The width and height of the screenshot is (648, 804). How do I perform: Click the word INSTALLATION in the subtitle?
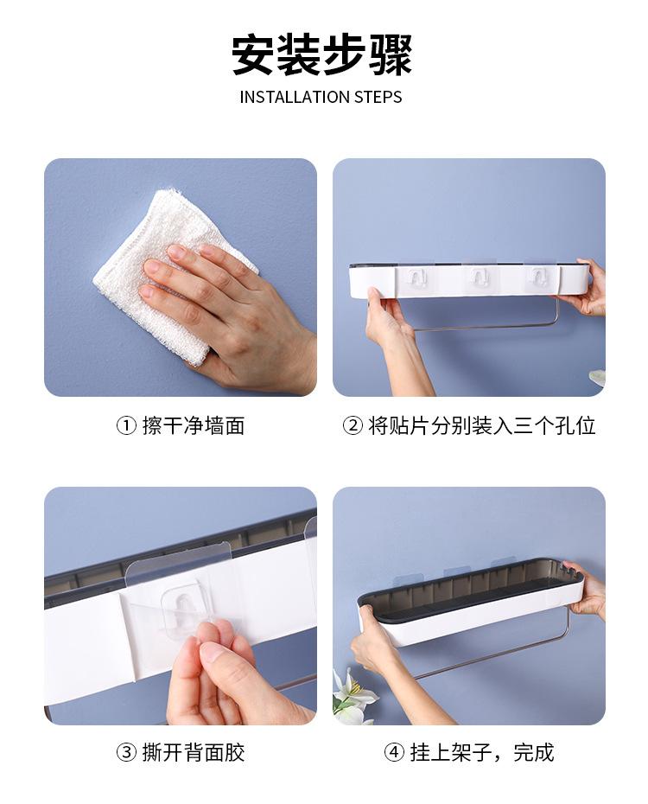[x=283, y=97]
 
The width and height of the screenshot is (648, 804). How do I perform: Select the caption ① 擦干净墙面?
[x=181, y=425]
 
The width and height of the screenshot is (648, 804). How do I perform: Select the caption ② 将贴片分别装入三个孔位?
[x=469, y=425]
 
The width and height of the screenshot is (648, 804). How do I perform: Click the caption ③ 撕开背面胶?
[x=181, y=752]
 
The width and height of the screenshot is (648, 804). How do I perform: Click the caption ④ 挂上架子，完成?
[x=469, y=752]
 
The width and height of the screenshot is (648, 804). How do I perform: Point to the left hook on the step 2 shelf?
[x=416, y=278]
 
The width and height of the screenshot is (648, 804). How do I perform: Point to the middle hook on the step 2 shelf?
[x=474, y=278]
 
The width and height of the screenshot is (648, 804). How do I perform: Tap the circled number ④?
[x=395, y=752]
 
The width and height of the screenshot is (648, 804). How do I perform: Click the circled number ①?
[x=126, y=425]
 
